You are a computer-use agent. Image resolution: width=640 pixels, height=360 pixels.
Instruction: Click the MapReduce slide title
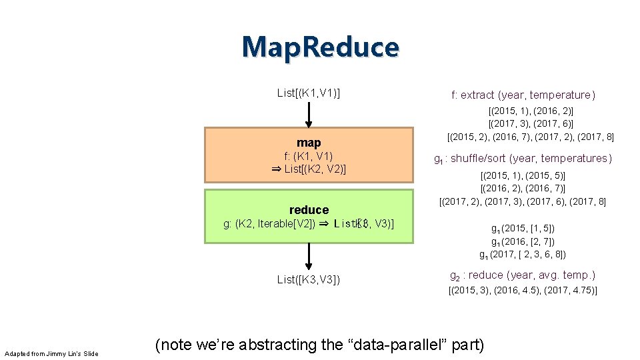point(321,47)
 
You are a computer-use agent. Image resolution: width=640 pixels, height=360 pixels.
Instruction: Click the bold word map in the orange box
point(309,143)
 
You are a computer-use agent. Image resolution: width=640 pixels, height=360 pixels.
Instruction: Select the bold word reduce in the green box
point(309,210)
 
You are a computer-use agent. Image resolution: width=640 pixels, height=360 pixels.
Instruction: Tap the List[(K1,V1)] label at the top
point(309,93)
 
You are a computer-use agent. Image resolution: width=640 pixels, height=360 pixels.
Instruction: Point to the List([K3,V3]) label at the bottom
point(309,279)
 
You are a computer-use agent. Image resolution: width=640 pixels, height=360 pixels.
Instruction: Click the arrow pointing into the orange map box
point(309,115)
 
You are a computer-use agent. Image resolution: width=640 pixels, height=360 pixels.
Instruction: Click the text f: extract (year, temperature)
point(523,95)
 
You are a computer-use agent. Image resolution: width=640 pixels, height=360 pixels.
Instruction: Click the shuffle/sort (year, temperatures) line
point(523,159)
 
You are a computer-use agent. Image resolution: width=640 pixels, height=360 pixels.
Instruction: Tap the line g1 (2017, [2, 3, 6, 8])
point(523,254)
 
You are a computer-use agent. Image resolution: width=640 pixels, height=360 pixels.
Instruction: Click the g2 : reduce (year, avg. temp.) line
point(523,275)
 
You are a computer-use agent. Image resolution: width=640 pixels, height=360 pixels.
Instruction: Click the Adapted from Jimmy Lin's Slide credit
point(51,353)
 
